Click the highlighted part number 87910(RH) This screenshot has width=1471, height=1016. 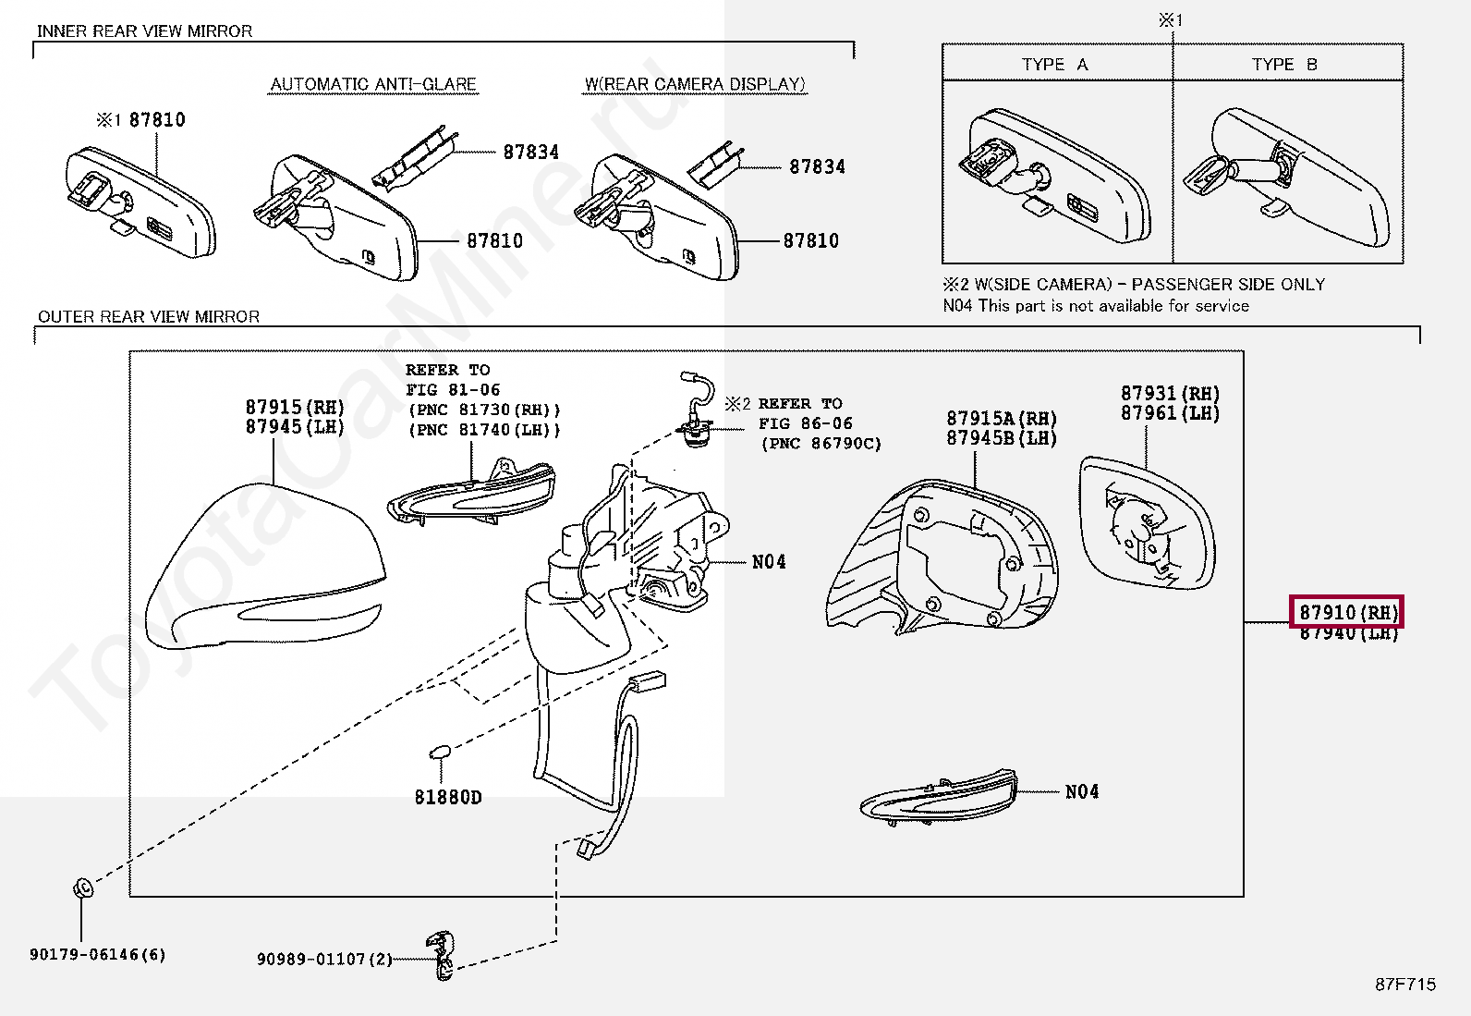(1347, 612)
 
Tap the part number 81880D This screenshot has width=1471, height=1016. (448, 797)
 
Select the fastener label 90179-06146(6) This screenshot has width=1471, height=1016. (98, 954)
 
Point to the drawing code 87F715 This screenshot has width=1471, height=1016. (1405, 985)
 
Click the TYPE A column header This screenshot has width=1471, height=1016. (1055, 65)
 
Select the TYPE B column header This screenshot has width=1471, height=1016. (1284, 65)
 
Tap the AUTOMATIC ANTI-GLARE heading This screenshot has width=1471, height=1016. (373, 84)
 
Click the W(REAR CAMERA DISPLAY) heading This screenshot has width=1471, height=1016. (695, 84)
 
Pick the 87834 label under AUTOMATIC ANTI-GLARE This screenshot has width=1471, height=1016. (531, 152)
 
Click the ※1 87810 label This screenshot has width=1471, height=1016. (141, 119)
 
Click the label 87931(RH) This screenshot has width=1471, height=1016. (1170, 394)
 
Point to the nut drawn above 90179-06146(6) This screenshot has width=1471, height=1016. (82, 888)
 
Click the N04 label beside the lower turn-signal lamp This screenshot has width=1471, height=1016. (1082, 791)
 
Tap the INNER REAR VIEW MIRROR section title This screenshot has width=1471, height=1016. (144, 31)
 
